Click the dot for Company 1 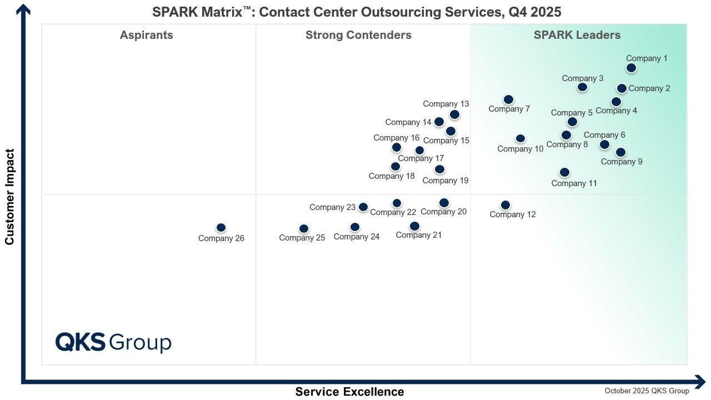[x=631, y=68]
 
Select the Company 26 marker [x=221, y=228]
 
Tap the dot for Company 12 [x=505, y=206]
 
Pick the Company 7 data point [x=508, y=100]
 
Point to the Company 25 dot [x=304, y=229]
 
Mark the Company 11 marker [x=564, y=173]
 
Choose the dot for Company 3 [x=582, y=87]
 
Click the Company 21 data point [x=414, y=226]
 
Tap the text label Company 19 [x=445, y=181]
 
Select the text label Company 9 [x=622, y=162]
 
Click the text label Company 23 [x=332, y=207]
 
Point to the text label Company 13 [x=446, y=104]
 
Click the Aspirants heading [x=147, y=35]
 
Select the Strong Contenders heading [x=358, y=35]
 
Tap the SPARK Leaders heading [x=577, y=35]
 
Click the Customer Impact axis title [x=9, y=197]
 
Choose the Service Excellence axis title [x=349, y=392]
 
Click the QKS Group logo [x=113, y=342]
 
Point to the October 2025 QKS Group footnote [x=647, y=391]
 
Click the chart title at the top [x=357, y=12]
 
